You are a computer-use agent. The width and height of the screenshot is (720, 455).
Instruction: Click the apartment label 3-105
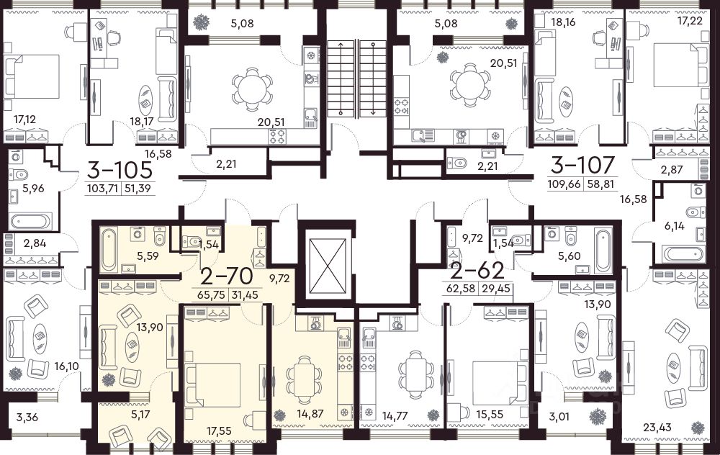coord(120,171)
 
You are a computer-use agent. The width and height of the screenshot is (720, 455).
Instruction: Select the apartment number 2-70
coord(227,276)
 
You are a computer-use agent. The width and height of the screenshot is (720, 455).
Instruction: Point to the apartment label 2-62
coord(478,271)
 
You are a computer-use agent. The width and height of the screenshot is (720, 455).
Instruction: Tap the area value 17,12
coord(24,120)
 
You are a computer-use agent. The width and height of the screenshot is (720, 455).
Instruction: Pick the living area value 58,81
coord(602,184)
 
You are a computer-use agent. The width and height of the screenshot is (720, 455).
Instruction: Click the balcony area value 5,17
coord(140,415)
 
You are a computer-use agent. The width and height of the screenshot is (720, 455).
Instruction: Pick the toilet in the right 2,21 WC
coord(457,163)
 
